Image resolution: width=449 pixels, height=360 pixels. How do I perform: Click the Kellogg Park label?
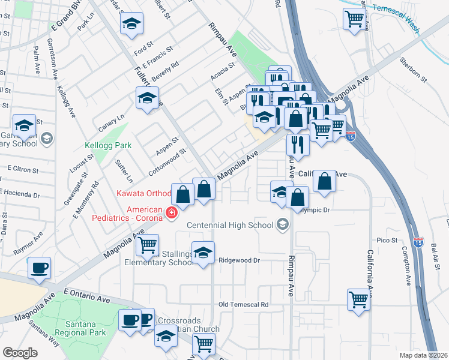[107, 145]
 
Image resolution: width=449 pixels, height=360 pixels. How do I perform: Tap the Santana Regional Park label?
[80, 328]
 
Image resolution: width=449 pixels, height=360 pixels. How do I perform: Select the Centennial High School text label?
[231, 225]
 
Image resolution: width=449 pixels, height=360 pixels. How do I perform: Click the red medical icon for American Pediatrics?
[172, 213]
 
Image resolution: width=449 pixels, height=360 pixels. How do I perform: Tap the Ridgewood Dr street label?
[239, 260]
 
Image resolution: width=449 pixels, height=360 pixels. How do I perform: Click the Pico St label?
[387, 240]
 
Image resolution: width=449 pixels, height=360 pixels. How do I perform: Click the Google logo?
[20, 353]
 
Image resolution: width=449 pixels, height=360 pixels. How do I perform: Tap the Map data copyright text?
[424, 355]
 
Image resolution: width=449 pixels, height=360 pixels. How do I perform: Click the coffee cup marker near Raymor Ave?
[40, 268]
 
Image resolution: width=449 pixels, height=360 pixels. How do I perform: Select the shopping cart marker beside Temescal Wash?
[354, 19]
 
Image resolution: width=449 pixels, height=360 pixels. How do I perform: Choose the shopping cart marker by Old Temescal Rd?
[358, 299]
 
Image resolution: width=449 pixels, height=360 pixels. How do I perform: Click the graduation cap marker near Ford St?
[131, 25]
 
